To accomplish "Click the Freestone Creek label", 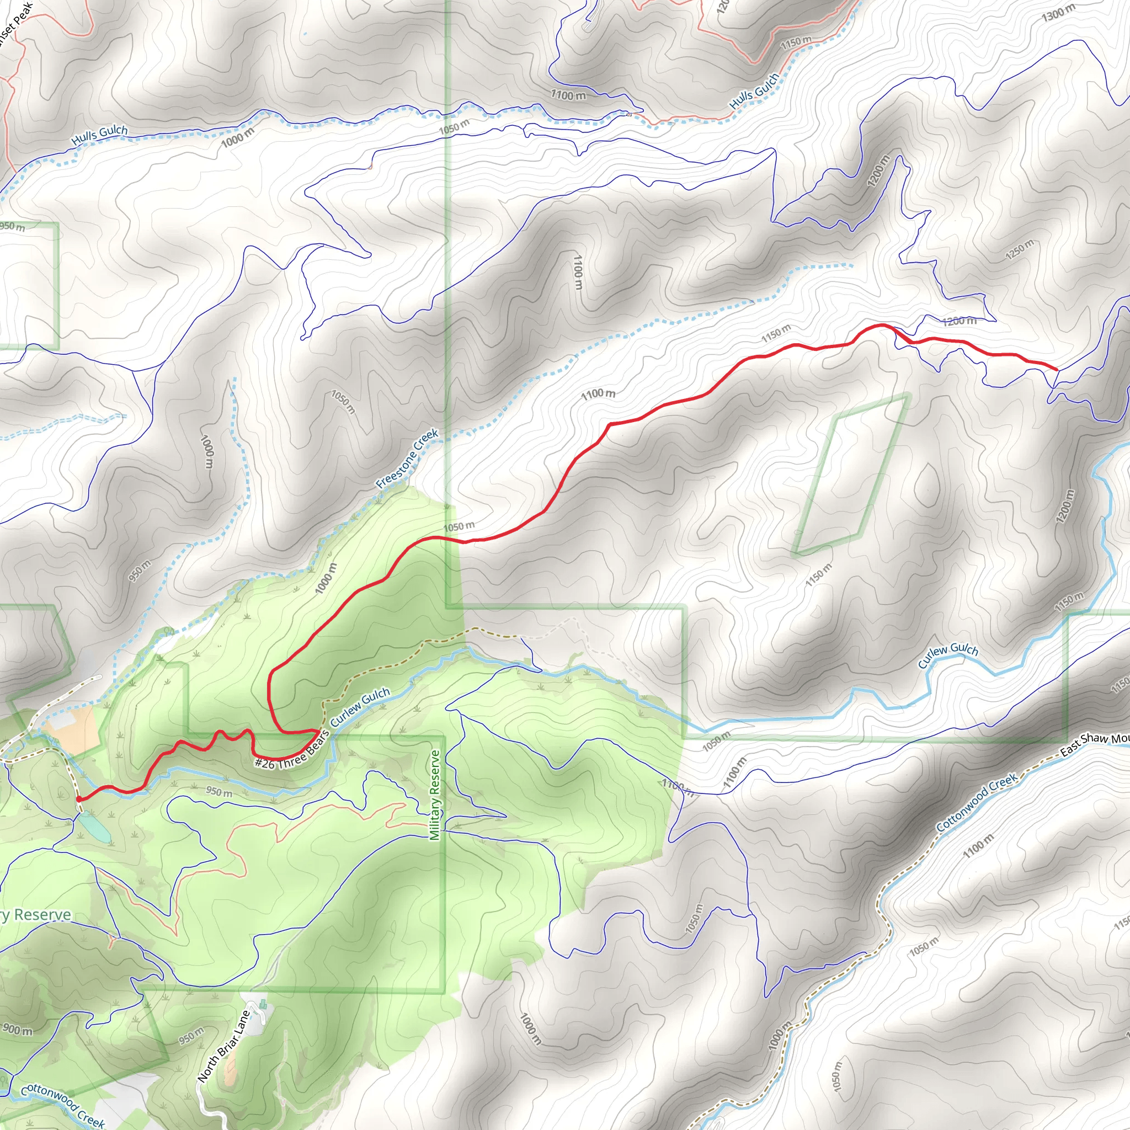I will [408, 459].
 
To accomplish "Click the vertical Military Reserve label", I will [435, 796].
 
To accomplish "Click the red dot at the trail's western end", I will [78, 798].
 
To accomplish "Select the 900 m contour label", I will [18, 1030].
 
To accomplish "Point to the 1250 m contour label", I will [1020, 250].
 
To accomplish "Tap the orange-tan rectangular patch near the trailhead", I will [72, 729].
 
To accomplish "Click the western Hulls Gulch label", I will [99, 135].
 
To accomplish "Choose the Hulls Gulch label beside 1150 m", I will [754, 90].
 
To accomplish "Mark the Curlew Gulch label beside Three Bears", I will [360, 707].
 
